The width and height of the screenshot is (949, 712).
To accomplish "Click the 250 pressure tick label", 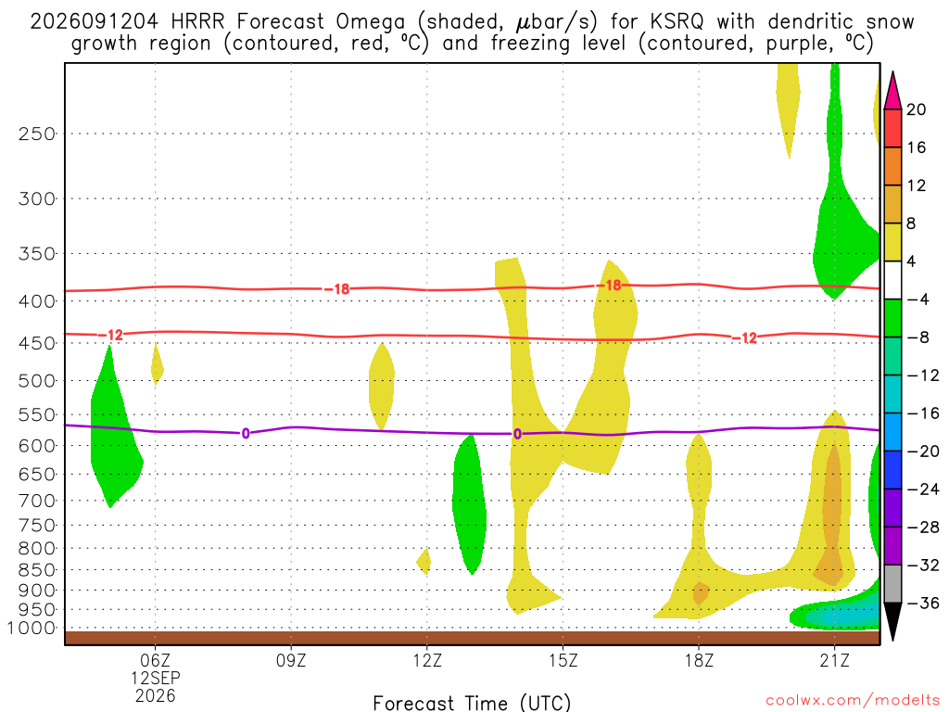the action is point(36,133).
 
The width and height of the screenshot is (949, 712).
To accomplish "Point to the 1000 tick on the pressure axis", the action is point(32,629).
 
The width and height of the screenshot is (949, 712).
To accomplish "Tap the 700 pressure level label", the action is point(36,501).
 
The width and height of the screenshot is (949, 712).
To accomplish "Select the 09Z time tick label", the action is point(291,660).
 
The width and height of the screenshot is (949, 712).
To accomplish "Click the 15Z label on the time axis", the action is point(563,660).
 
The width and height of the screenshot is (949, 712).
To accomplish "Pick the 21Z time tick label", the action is point(835,660).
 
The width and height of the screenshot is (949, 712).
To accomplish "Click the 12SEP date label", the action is point(156,678).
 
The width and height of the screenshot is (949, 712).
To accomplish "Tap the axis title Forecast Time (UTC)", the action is point(472,703).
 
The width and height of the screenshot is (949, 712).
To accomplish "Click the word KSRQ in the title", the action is point(677,22).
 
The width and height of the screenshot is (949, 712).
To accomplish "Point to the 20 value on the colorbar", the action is point(917,109).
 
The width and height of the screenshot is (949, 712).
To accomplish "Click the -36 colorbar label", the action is point(922,603).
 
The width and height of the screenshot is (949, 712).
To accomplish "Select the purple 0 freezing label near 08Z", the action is point(245,434).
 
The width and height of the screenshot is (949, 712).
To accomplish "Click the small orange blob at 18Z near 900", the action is point(701,593).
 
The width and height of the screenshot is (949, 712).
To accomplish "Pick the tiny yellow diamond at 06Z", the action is point(157,365).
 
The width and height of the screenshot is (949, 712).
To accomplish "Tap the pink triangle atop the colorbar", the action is point(892,90).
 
